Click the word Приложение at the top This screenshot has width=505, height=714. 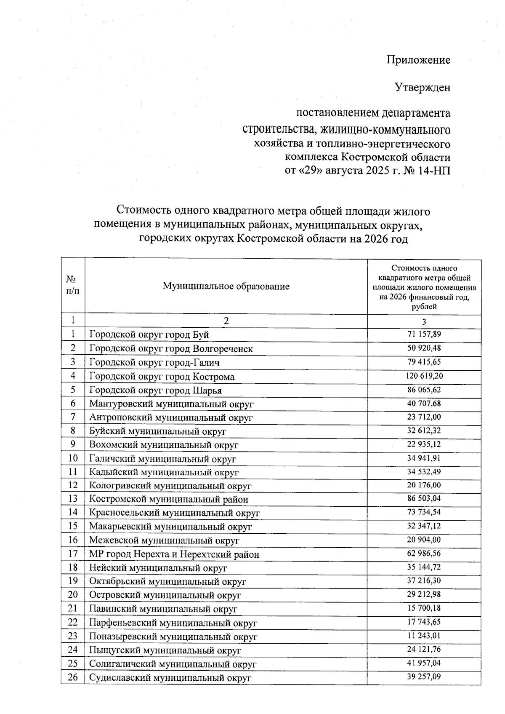coord(418,60)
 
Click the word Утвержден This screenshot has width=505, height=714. coord(422,87)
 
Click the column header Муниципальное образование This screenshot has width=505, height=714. coord(226,286)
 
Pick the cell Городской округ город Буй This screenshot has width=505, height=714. coord(149,335)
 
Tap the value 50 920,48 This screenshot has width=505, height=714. coord(424,348)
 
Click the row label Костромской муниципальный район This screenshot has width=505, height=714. coord(168,499)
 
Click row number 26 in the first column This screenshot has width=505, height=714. coord(73,678)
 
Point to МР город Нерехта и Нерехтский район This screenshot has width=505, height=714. coord(174,554)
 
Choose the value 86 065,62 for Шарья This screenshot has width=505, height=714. coord(424,390)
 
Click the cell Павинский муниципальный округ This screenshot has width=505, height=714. coord(163,609)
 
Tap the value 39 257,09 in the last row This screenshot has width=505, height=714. coord(424,677)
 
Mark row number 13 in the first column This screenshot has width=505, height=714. coord(73,499)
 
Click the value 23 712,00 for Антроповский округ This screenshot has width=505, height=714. coord(424,417)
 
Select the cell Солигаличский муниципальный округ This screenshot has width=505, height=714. coord(173,664)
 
